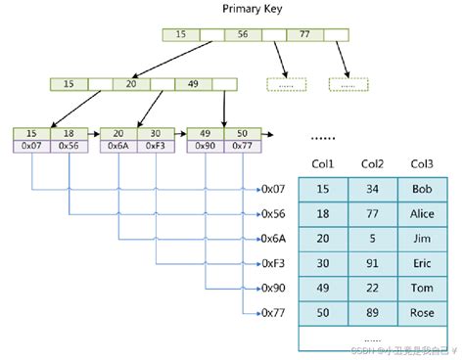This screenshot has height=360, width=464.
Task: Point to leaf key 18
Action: (x=69, y=133)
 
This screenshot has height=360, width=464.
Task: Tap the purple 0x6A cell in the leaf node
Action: (x=116, y=146)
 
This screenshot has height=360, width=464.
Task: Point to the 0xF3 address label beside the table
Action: (x=274, y=262)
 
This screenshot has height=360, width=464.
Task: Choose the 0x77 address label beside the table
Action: (x=274, y=313)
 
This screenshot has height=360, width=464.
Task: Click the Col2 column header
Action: (x=372, y=164)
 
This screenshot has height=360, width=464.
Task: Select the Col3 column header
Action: (x=421, y=164)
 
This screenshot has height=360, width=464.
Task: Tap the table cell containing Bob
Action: (x=421, y=188)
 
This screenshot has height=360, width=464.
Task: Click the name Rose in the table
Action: (x=421, y=313)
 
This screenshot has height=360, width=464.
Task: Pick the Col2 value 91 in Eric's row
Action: (x=372, y=262)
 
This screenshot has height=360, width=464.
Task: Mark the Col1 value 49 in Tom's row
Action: (x=323, y=288)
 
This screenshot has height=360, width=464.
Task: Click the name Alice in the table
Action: (x=421, y=212)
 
